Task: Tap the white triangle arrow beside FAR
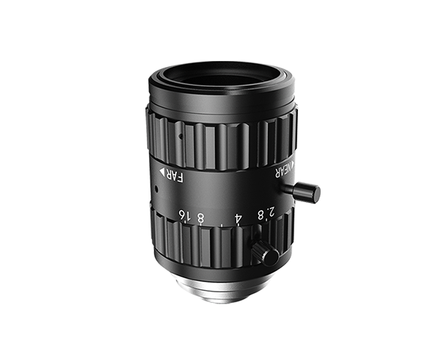(x=163, y=171)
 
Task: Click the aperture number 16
(x=181, y=215)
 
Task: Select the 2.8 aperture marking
(x=266, y=214)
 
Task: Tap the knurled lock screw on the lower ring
(x=265, y=252)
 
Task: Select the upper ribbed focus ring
(x=220, y=140)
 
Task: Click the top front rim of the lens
(x=220, y=65)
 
